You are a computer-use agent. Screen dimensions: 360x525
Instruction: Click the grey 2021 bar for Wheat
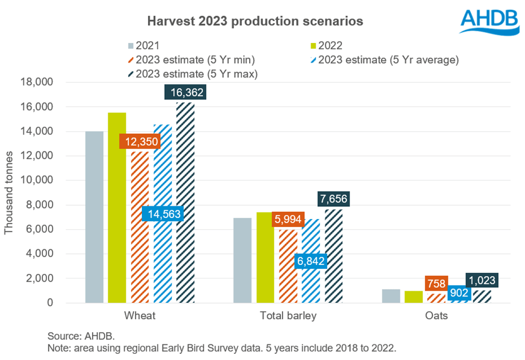coord(94,218)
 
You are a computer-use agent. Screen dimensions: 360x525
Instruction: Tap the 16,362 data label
coord(185,92)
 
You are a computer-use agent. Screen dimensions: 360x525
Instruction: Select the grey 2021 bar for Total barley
coord(242,260)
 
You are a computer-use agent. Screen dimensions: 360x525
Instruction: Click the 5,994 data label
coord(288,220)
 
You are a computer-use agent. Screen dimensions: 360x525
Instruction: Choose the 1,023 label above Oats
coord(481,280)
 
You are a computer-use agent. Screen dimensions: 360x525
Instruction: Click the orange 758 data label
coord(436,283)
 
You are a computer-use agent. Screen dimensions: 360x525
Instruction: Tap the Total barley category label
coord(288,316)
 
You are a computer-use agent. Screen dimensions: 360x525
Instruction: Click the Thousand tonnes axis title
coord(9,193)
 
